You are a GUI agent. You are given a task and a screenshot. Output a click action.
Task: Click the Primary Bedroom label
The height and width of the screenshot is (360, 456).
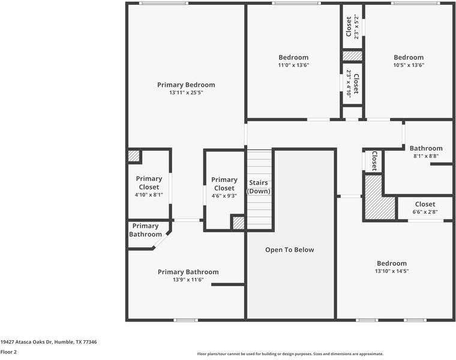(186, 85)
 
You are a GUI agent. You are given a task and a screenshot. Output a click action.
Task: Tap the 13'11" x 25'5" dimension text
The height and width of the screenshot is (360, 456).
(186, 93)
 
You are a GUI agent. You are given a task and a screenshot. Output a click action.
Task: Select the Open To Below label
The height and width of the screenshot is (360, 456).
(290, 250)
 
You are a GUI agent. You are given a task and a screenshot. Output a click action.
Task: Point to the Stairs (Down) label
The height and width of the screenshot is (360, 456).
(259, 187)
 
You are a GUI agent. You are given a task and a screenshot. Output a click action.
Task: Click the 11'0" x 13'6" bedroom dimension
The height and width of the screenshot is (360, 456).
(293, 65)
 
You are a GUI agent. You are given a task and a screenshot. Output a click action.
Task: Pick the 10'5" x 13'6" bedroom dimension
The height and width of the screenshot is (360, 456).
(409, 65)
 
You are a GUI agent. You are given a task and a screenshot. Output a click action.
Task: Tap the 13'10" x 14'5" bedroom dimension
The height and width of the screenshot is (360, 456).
(392, 271)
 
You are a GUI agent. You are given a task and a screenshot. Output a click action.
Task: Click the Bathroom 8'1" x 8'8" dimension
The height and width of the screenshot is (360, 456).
(426, 156)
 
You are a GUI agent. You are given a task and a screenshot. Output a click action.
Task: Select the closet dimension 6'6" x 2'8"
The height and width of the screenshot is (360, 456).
(425, 212)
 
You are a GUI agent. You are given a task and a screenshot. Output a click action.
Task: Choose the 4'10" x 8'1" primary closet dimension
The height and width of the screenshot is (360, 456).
(149, 195)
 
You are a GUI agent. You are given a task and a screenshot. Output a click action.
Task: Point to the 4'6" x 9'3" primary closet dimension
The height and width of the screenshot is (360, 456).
(224, 196)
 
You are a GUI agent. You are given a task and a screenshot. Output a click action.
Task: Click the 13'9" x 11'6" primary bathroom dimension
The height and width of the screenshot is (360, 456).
(188, 280)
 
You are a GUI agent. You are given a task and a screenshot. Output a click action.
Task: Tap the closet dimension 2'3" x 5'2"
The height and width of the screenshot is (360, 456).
(356, 27)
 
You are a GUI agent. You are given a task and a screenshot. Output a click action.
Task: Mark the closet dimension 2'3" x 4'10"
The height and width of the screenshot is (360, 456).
(349, 84)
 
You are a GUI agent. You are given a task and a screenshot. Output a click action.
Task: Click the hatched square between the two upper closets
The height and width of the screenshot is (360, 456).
(352, 56)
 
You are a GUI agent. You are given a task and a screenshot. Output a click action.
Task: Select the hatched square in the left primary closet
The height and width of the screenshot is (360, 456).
(134, 156)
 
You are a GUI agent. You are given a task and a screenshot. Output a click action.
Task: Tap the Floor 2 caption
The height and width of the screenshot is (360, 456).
(8, 352)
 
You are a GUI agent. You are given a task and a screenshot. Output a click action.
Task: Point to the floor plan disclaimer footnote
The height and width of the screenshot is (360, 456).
(290, 354)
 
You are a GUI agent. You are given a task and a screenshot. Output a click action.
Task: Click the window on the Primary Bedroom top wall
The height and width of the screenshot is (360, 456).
(164, 3)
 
